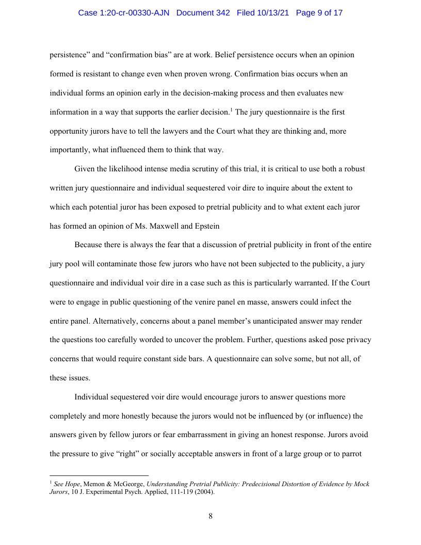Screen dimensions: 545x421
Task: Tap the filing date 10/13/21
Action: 274,13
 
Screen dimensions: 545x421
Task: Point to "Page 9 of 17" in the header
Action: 319,13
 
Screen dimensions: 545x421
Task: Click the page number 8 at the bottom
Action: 211,516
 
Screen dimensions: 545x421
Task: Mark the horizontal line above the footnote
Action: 99,475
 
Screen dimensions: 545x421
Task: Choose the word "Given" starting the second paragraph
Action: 85,169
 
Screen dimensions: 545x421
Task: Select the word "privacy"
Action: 358,340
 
